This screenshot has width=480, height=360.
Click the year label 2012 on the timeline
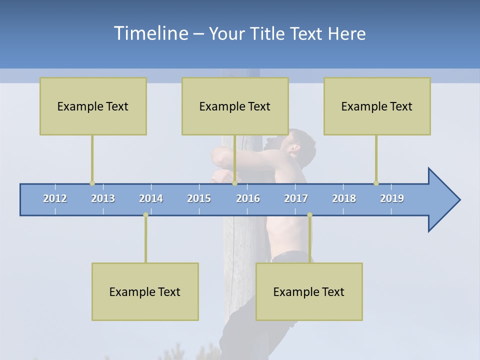tap(55, 198)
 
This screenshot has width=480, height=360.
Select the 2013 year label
tap(103, 198)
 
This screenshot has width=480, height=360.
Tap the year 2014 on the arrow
tap(151, 198)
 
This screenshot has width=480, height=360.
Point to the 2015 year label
tap(199, 198)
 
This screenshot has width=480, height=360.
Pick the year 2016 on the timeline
tap(248, 198)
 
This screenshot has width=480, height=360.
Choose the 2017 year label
tap(296, 198)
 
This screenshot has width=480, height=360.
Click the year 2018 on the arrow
tap(344, 198)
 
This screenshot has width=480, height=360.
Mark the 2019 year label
tap(392, 198)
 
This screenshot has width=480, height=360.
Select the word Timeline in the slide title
tap(150, 33)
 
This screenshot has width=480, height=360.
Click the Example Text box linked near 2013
tap(93, 106)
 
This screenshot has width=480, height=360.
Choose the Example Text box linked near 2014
tap(145, 291)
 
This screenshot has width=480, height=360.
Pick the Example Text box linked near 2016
tap(235, 106)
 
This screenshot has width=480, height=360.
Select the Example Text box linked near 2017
tap(309, 291)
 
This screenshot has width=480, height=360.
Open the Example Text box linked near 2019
tap(377, 106)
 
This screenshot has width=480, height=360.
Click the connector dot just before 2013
tap(92, 183)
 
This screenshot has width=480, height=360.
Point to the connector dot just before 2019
tap(376, 183)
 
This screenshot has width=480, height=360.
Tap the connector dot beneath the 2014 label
tap(145, 215)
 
